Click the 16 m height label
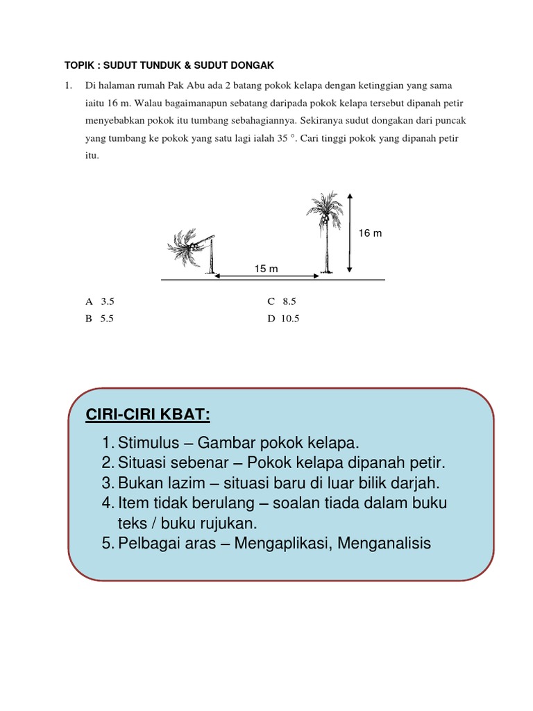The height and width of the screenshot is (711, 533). coord(370,233)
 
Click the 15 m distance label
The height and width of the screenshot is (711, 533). coord(266,268)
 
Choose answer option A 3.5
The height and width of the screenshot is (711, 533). coord(99,301)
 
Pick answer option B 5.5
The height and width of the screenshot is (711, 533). coord(99,319)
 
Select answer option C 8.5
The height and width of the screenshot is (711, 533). coord(282,301)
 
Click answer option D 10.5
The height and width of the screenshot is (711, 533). coord(283,319)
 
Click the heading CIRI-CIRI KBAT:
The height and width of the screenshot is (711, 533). coord(147,415)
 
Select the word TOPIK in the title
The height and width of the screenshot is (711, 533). coord(80,65)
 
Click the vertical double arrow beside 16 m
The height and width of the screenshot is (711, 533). coord(349,233)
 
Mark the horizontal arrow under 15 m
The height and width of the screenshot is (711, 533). coord(266,276)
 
